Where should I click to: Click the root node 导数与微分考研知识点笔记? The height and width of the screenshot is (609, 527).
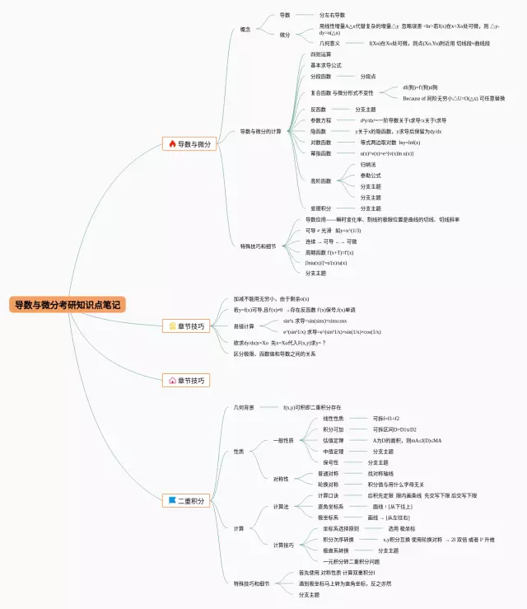68,305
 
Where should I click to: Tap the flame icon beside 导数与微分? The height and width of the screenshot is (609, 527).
172,143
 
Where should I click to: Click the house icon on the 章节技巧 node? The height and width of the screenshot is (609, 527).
172,381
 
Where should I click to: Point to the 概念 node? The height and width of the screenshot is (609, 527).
245,30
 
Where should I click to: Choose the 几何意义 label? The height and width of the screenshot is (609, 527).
329,43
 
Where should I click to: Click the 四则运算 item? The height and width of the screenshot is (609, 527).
320,54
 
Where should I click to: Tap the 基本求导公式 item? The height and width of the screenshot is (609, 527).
325,65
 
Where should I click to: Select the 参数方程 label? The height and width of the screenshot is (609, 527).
320,120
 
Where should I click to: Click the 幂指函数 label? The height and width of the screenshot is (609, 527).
320,153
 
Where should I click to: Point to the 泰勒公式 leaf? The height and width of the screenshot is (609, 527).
371,176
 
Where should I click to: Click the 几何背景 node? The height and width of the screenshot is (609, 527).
244,407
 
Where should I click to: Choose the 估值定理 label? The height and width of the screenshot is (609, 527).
333,440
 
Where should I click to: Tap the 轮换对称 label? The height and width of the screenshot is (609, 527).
328,484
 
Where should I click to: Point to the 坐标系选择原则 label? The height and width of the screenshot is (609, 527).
341,528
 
